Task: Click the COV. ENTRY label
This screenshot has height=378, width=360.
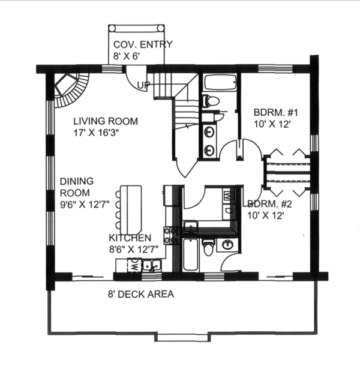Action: pyautogui.click(x=143, y=44)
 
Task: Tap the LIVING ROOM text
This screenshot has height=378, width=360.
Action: pyautogui.click(x=106, y=121)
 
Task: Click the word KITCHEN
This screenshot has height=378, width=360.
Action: pyautogui.click(x=130, y=238)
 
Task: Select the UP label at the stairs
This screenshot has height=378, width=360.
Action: pyautogui.click(x=143, y=86)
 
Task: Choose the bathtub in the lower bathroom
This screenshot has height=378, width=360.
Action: pyautogui.click(x=190, y=254)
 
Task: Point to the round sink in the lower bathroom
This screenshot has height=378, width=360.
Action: pyautogui.click(x=228, y=245)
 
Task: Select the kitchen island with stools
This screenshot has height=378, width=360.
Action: pyautogui.click(x=131, y=209)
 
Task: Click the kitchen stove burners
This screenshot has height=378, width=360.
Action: pyautogui.click(x=172, y=235)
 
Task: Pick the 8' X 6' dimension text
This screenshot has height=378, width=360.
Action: pyautogui.click(x=127, y=56)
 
